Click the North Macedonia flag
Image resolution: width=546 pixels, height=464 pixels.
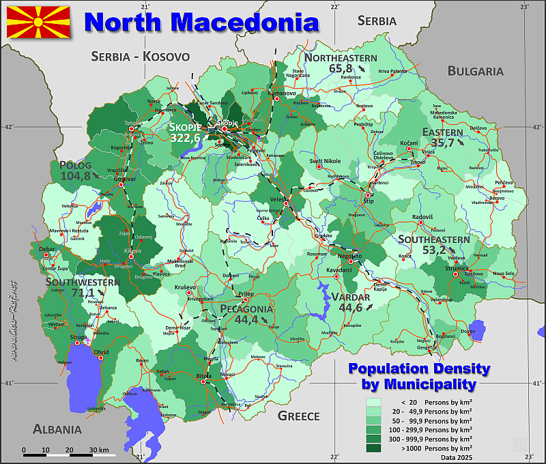tap(38, 22)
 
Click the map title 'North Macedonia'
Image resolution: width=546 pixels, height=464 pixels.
tap(201, 22)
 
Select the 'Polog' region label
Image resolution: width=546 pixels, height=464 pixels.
tap(75, 165)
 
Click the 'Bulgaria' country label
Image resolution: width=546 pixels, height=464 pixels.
tap(475, 71)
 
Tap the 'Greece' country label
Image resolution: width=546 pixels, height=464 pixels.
tap(298, 416)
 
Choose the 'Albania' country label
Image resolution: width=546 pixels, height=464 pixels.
tap(57, 429)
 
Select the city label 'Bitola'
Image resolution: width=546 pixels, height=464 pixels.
tap(203, 375)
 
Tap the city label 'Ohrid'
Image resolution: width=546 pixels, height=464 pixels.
tap(100, 352)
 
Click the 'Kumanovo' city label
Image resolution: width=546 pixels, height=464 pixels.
tap(283, 93)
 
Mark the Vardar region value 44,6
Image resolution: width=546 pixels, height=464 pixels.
tap(350, 308)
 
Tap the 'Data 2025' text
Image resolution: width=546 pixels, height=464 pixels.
tap(457, 456)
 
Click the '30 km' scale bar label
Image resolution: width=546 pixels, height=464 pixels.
tap(99, 450)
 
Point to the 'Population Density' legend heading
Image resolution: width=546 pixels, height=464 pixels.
tap(419, 368)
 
